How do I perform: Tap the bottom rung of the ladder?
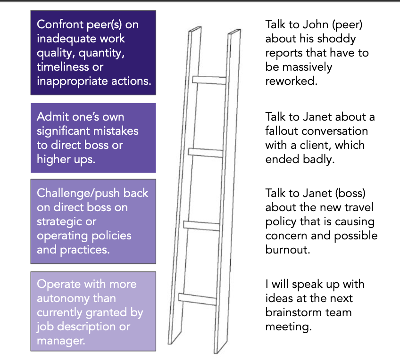pos(199,298)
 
